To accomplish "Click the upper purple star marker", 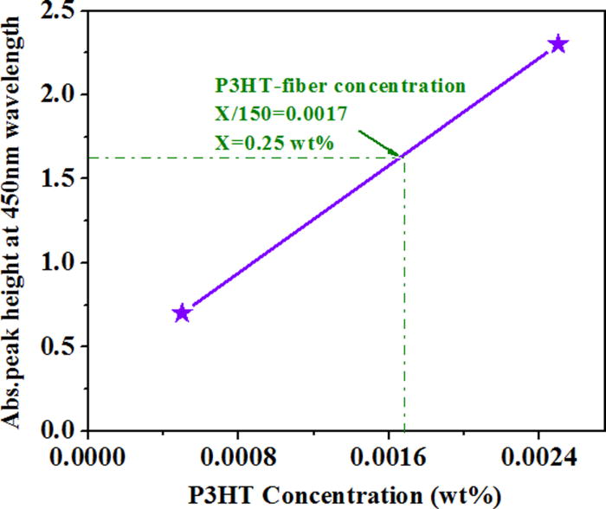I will point(558,44).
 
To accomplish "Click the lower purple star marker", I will point(182,312).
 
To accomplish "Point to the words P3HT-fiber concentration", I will point(340,87).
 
